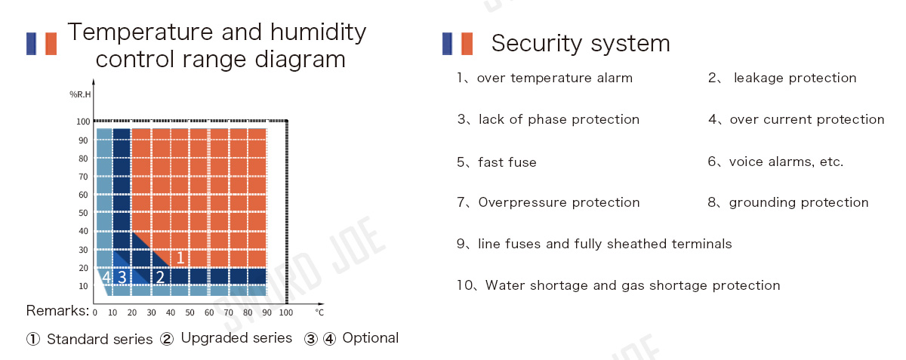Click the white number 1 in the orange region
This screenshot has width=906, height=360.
(180, 257)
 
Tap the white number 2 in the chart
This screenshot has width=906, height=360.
(160, 277)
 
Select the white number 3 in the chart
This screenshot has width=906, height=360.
(122, 277)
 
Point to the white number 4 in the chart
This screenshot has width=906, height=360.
(106, 277)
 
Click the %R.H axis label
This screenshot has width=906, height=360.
(80, 94)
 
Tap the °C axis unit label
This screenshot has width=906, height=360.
(319, 312)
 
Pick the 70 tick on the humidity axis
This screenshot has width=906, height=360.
(83, 177)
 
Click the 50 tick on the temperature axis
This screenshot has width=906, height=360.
(190, 312)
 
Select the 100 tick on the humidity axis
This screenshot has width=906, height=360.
(83, 122)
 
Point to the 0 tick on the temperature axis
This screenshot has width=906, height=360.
(94, 312)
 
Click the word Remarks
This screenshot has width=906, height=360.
(57, 311)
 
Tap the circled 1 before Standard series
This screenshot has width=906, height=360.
(33, 339)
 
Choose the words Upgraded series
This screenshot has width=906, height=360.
(236, 338)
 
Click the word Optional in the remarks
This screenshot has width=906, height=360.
(371, 338)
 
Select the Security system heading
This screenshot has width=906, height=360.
(581, 43)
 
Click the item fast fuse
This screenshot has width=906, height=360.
(507, 162)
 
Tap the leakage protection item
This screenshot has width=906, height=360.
(795, 78)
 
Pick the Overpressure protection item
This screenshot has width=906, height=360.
(559, 202)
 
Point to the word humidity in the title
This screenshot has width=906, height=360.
(318, 32)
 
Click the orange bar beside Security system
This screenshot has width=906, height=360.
(467, 44)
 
